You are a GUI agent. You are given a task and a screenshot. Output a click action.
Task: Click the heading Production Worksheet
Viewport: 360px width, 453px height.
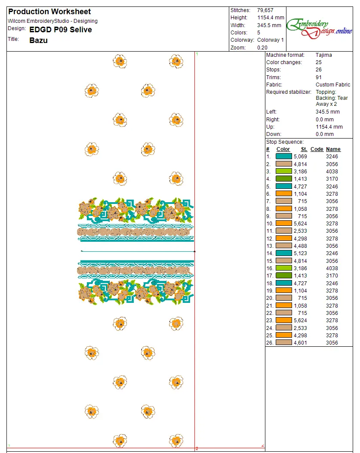click(x=49, y=12)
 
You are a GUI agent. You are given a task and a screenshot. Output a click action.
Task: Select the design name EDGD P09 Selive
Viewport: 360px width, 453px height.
click(x=61, y=30)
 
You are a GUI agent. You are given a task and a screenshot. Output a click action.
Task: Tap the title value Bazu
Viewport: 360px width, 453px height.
click(x=38, y=40)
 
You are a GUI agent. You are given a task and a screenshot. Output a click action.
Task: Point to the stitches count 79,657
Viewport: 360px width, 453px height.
click(x=265, y=10)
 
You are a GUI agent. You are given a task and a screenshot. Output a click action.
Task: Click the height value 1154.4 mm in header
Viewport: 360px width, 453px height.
click(x=271, y=18)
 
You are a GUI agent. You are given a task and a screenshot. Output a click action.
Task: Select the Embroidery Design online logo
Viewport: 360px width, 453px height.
click(x=320, y=27)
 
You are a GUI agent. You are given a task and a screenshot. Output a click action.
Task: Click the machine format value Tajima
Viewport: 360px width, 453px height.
click(x=323, y=55)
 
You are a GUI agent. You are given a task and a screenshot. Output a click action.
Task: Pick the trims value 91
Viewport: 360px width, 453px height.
click(x=319, y=77)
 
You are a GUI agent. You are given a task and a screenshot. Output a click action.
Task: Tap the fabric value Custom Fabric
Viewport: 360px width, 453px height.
click(x=333, y=85)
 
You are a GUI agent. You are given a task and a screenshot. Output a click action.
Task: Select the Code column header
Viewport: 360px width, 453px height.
click(x=317, y=149)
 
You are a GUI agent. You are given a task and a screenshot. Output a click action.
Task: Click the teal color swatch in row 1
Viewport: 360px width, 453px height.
click(x=283, y=157)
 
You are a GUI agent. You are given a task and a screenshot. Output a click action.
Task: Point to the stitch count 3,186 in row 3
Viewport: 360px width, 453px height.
click(x=300, y=171)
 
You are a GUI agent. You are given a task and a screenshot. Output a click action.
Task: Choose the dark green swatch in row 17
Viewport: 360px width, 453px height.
click(x=283, y=276)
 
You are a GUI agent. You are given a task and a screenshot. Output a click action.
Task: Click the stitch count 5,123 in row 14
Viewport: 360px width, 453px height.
click(x=300, y=253)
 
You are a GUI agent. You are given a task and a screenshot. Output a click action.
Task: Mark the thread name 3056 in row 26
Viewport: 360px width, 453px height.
click(x=332, y=343)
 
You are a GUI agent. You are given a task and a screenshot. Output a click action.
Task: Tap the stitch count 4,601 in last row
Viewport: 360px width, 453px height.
click(x=300, y=343)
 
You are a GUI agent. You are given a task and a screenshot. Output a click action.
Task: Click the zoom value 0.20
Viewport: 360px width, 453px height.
click(x=262, y=48)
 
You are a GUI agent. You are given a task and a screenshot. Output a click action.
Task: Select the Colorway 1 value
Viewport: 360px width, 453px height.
click(x=271, y=40)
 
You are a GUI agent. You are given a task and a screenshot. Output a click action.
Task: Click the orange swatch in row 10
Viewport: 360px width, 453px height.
click(x=283, y=224)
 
